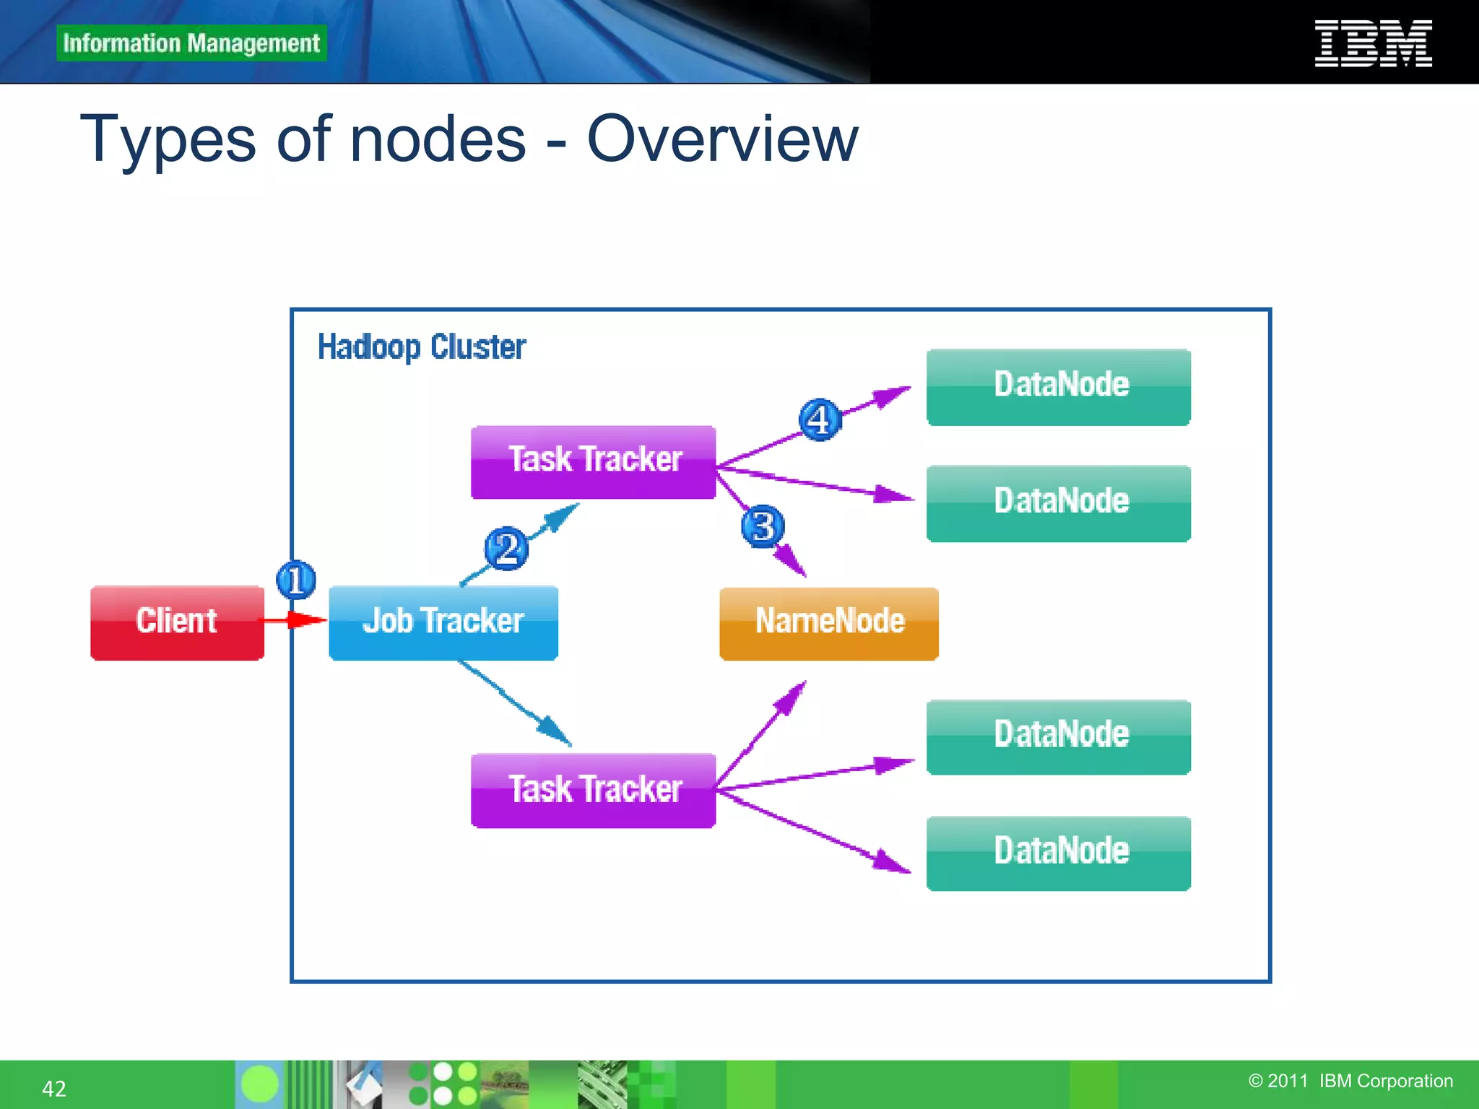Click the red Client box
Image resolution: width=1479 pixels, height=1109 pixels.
tap(177, 622)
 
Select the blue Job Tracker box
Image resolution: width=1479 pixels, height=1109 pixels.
tap(443, 622)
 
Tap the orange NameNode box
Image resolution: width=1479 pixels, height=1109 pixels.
tap(828, 623)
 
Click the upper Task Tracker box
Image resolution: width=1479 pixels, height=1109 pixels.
tap(593, 461)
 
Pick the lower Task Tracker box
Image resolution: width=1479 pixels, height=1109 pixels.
tap(593, 790)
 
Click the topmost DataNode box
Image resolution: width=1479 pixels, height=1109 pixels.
tap(1058, 386)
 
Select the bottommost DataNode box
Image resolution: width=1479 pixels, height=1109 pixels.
tap(1058, 853)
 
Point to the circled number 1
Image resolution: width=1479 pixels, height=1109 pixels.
tap(296, 580)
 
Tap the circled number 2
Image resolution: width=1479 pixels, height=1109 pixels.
tap(506, 549)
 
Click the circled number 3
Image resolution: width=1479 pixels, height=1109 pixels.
tap(763, 526)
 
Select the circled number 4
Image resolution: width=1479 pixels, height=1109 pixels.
tap(820, 419)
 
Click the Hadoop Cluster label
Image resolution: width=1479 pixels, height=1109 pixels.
tap(422, 347)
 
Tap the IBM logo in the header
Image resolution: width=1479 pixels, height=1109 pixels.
tap(1372, 43)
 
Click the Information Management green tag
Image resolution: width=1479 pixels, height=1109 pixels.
tap(191, 43)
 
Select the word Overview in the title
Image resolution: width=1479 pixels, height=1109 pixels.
tap(722, 139)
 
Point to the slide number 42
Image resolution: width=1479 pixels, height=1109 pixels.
tap(54, 1088)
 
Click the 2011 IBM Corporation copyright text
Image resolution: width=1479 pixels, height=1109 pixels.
tap(1350, 1081)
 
